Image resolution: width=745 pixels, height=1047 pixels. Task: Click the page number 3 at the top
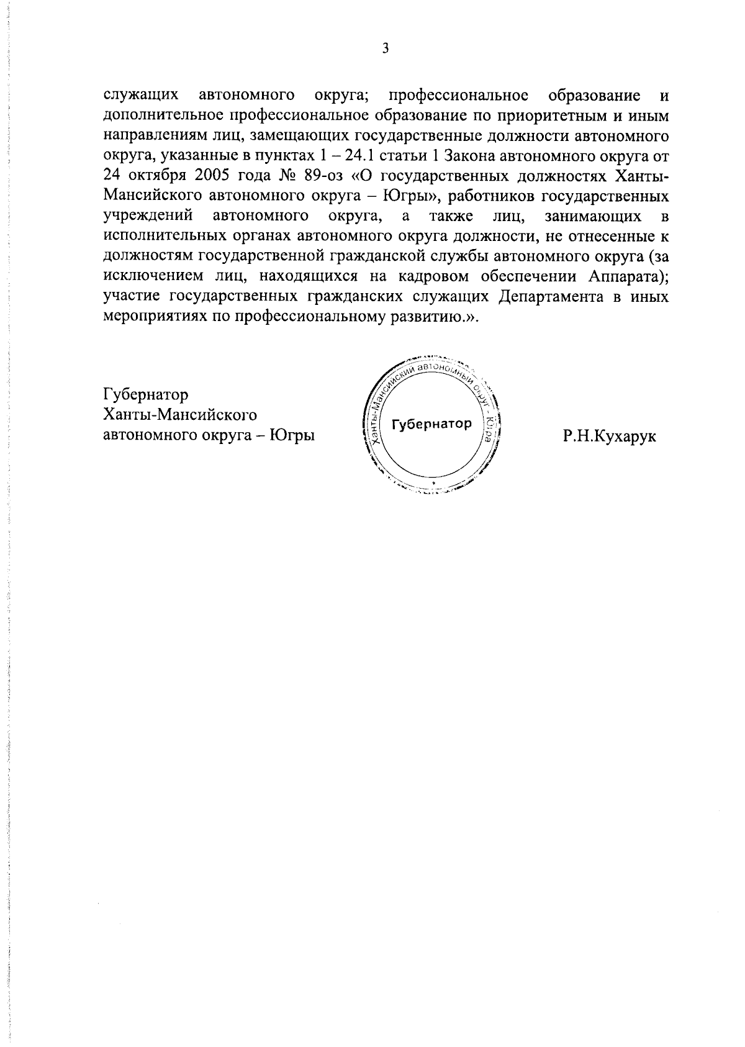[385, 49]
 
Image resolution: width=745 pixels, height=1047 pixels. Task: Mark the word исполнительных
[158, 237]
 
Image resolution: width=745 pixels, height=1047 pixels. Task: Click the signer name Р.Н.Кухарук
[610, 437]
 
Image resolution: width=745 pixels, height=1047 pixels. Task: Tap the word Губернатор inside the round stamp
[432, 424]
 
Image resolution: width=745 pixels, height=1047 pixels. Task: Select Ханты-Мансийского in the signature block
[180, 415]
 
